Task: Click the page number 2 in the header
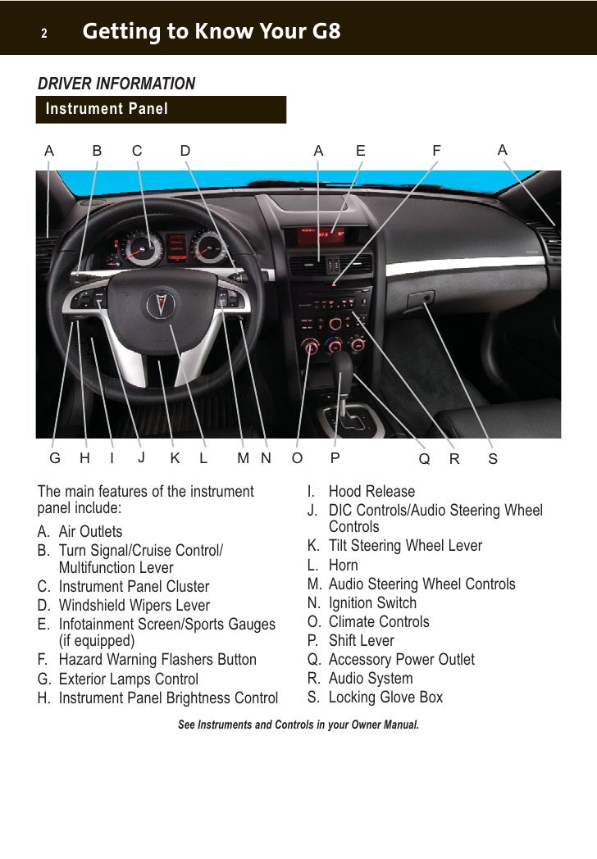click(x=44, y=34)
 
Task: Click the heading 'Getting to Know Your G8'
click(x=211, y=32)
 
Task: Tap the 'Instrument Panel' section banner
click(x=107, y=109)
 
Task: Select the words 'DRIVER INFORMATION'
click(x=116, y=84)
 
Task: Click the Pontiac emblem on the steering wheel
click(x=157, y=305)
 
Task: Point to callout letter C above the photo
click(x=137, y=151)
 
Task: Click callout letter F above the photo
click(x=436, y=151)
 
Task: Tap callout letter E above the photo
click(x=360, y=151)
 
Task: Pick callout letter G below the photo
click(x=55, y=459)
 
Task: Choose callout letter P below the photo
click(x=335, y=459)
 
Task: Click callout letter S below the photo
click(x=493, y=459)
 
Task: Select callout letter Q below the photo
click(x=424, y=459)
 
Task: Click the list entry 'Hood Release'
click(x=371, y=492)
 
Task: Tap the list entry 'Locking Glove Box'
click(x=385, y=698)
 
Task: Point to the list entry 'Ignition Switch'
click(x=372, y=602)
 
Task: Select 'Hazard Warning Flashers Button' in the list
click(x=157, y=660)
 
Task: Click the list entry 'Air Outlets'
click(x=90, y=532)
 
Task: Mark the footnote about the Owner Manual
click(x=298, y=725)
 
